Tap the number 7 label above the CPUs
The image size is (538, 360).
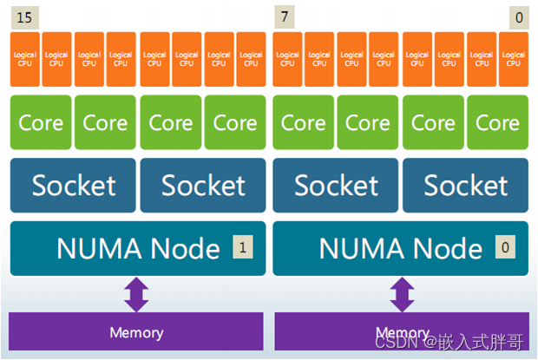tap(283, 16)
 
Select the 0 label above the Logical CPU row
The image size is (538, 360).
tap(519, 16)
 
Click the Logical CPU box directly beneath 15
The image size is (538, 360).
tap(24, 58)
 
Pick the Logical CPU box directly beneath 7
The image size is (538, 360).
tap(287, 58)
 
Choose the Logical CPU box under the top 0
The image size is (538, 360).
tap(514, 58)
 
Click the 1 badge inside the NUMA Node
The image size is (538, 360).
tap(243, 248)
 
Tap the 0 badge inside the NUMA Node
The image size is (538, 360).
tap(505, 248)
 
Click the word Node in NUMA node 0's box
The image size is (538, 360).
tap(444, 249)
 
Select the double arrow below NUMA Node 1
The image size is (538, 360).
tap(137, 293)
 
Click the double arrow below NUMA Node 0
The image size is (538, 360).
tap(400, 293)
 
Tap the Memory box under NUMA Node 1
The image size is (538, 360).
tap(136, 332)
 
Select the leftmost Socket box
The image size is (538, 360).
tap(73, 185)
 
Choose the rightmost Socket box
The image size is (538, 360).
tap(465, 185)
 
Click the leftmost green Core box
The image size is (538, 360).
tap(41, 122)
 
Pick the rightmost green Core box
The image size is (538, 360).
tap(497, 122)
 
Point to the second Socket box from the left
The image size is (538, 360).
tap(203, 185)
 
